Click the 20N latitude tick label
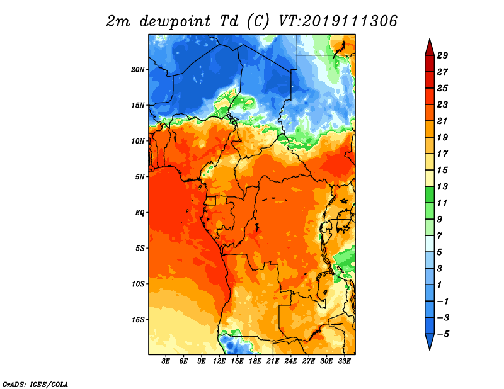138,70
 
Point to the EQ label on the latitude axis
140,213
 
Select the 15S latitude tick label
138,320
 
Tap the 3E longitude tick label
166,361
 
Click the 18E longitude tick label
255,361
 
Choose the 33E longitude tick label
344,361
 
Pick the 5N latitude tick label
140,177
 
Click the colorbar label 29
442,55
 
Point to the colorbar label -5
443,334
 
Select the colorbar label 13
442,186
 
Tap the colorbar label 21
442,121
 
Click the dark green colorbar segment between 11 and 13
430,194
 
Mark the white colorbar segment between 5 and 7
430,244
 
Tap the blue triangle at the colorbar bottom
430,341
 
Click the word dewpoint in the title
175,21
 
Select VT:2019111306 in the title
338,21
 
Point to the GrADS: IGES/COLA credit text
35,384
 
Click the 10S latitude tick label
138,285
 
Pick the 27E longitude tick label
309,361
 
